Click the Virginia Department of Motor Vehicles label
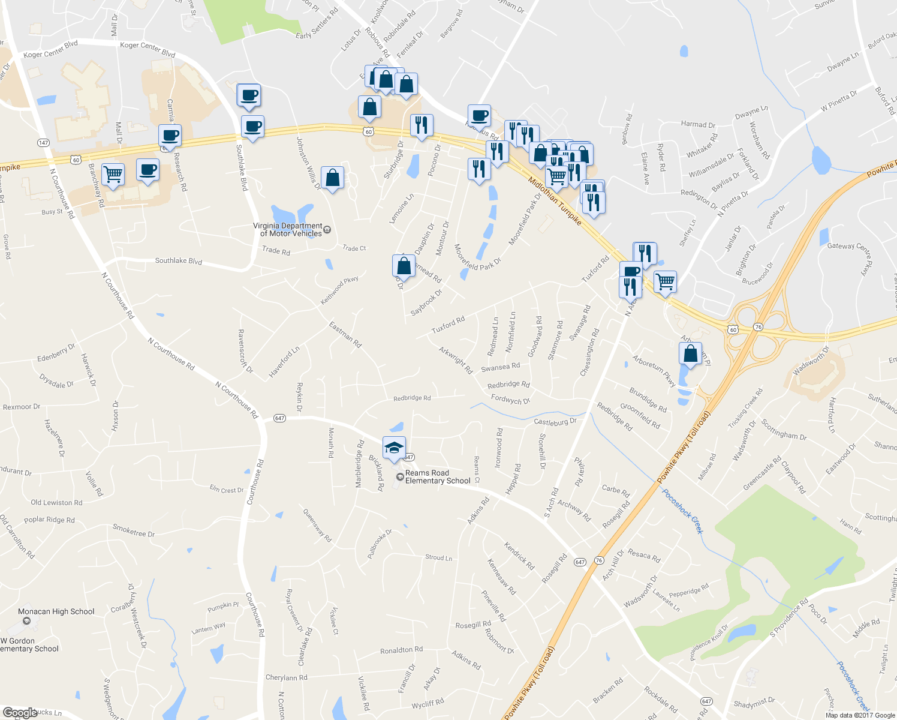point(287,230)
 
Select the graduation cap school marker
point(394,448)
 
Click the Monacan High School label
point(56,612)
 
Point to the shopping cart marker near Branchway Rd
point(113,175)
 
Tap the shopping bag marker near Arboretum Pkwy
point(690,353)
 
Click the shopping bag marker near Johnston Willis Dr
point(332,178)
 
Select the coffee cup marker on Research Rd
point(170,136)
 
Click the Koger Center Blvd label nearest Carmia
point(148,49)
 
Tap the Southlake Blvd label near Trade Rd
point(179,261)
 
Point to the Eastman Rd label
point(345,335)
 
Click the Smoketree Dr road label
point(134,530)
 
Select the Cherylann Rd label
point(286,677)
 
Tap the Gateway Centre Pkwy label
point(850,254)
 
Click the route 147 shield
point(43,143)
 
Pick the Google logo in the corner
point(20,713)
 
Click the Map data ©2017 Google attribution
point(860,715)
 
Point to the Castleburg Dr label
point(555,422)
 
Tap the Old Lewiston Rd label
point(56,503)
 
